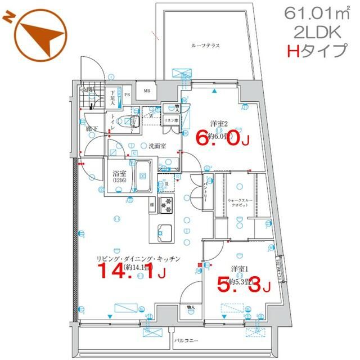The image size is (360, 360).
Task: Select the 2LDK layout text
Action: (315, 32)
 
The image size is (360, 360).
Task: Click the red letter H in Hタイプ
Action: (293, 52)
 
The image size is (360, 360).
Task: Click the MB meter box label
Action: (147, 91)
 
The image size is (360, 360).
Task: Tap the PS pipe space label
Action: (127, 94)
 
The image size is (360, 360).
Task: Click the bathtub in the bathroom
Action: (142, 175)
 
